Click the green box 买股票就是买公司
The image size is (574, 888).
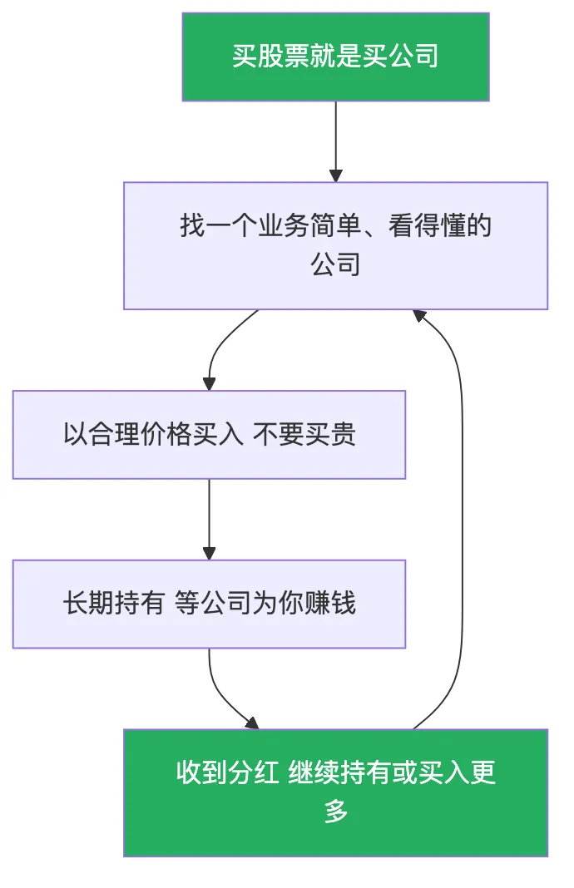click(x=335, y=57)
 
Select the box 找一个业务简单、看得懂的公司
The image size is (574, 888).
click(x=335, y=245)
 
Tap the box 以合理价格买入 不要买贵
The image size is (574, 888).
click(x=209, y=434)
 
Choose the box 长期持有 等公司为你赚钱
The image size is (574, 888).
click(x=209, y=604)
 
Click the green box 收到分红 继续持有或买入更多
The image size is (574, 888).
click(x=335, y=792)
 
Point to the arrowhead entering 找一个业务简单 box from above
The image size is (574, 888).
click(x=335, y=175)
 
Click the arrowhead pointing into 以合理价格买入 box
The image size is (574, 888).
click(x=209, y=383)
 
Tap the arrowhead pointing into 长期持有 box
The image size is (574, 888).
click(x=209, y=553)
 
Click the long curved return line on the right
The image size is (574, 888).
click(x=462, y=516)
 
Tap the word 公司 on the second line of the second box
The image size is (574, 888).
click(x=335, y=265)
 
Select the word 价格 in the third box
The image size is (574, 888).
click(x=154, y=434)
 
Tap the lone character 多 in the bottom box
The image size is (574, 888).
click(x=336, y=812)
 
